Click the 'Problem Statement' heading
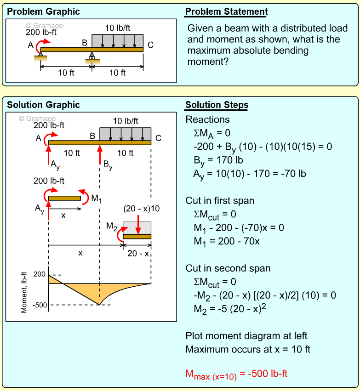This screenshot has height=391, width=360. pos(226,12)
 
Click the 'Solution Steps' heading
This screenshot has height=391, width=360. pos(217,105)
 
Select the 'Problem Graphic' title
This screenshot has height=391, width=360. pos(43,12)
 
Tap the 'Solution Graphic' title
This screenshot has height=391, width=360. pos(43,105)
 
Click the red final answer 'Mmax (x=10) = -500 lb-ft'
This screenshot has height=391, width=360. pos(236,374)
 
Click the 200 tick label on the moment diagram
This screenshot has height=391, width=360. pos(40,274)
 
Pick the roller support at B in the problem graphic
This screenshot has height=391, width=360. pos(92,57)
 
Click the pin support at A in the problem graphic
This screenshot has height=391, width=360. pos(40,56)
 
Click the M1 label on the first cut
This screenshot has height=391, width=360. pos(96,198)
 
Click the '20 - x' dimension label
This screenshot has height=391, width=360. pos(137,254)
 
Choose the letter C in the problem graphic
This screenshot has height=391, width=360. pos(150,45)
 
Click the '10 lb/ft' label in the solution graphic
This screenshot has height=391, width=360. pos(126,121)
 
